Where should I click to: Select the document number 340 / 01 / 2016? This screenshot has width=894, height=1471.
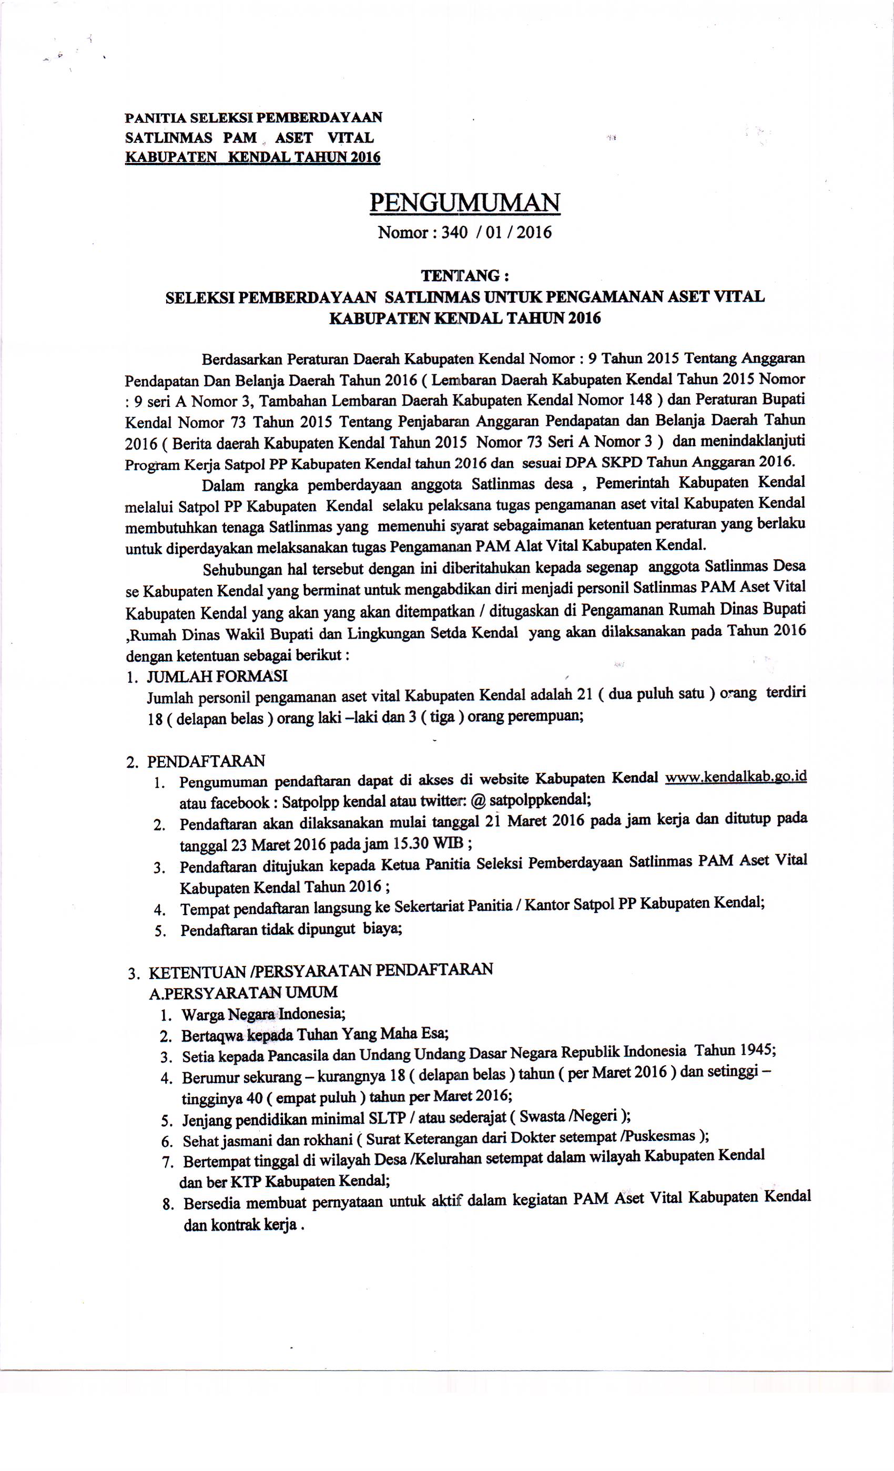tap(496, 232)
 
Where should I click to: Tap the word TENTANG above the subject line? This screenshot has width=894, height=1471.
tap(459, 275)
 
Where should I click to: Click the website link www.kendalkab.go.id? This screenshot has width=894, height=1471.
tap(735, 777)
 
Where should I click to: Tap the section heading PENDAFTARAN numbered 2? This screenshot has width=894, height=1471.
tap(206, 761)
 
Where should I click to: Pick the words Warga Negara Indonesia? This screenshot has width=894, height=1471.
tap(263, 1014)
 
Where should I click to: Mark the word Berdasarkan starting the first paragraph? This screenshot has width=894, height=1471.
tap(242, 360)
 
